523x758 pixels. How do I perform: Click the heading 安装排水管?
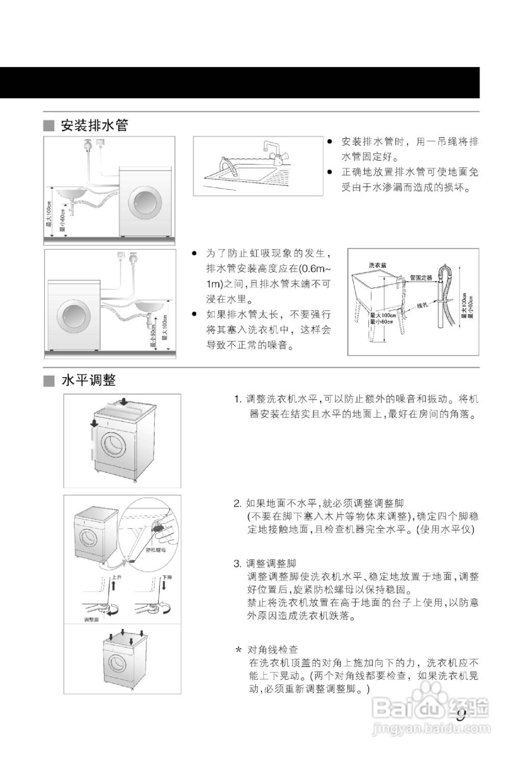(x=94, y=125)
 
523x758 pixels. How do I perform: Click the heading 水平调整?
(x=88, y=380)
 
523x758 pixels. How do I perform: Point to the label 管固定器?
(x=421, y=278)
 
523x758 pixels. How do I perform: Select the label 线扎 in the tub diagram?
(x=422, y=305)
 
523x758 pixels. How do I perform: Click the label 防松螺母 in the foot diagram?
(x=156, y=550)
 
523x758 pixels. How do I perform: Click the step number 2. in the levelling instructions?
(x=238, y=503)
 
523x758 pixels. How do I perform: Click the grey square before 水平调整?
(x=49, y=381)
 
